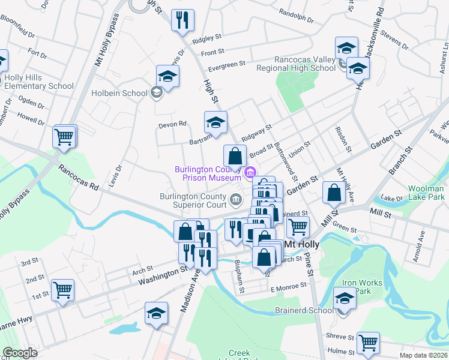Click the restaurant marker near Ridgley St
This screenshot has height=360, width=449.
click(182, 20)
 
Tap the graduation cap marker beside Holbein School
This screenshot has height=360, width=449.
click(168, 76)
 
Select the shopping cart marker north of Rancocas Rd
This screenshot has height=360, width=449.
click(64, 136)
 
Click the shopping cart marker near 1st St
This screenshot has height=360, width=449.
click(62, 290)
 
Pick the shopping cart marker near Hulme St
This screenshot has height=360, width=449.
click(368, 343)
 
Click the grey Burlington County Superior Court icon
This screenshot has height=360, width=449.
click(235, 199)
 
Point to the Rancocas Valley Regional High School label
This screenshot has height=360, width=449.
click(305, 64)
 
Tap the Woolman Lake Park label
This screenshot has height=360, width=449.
click(426, 193)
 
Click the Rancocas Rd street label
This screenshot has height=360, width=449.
click(78, 178)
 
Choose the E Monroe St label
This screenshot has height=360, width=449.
click(289, 289)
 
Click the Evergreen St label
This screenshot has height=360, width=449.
click(227, 63)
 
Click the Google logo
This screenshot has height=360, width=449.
click(20, 353)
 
